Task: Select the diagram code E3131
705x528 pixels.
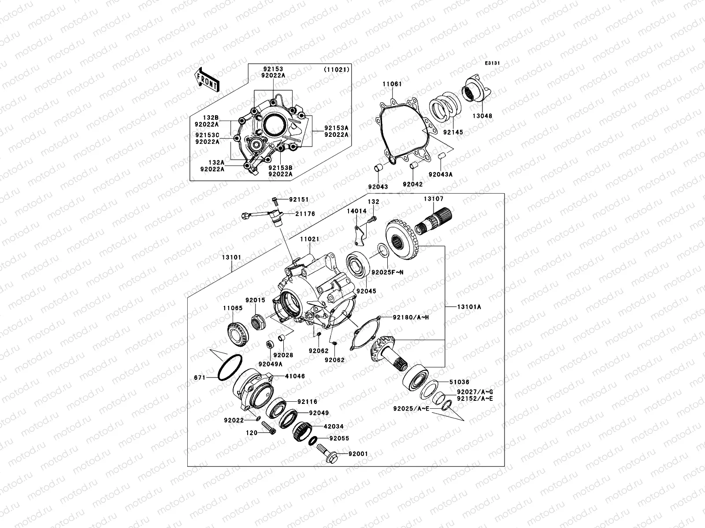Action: pyautogui.click(x=492, y=63)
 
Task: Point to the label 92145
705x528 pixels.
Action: pyautogui.click(x=453, y=132)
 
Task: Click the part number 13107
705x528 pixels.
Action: pyautogui.click(x=434, y=199)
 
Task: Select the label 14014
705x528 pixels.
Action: pyautogui.click(x=356, y=211)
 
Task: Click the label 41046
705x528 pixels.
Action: pyautogui.click(x=295, y=376)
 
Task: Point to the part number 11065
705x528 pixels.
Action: pyautogui.click(x=232, y=308)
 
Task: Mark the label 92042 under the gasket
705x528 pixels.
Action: pyautogui.click(x=412, y=185)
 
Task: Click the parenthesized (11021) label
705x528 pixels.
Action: pyautogui.click(x=337, y=70)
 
